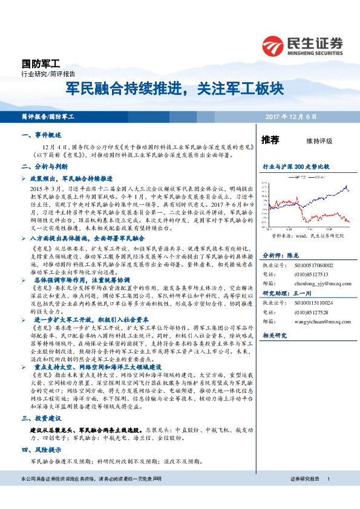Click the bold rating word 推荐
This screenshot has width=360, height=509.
click(270, 140)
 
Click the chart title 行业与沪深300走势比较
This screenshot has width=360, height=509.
click(295, 166)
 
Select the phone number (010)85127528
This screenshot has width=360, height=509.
click(312, 313)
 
